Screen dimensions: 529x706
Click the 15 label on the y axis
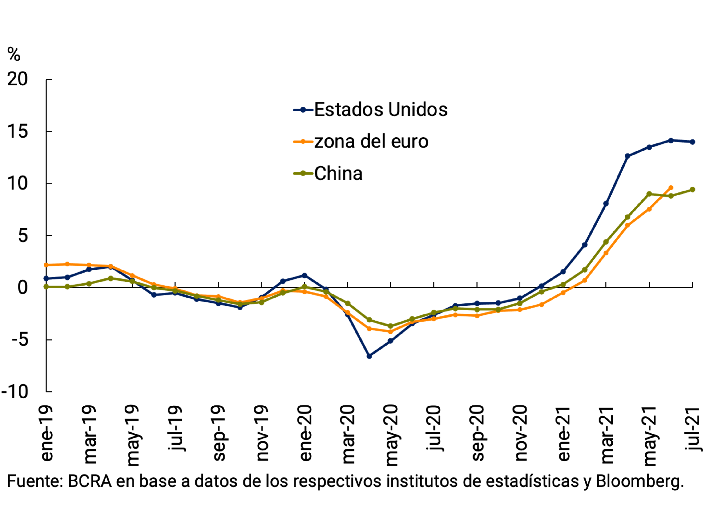click(x=18, y=131)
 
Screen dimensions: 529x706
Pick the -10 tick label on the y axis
click(x=15, y=392)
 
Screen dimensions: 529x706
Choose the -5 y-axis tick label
click(x=20, y=340)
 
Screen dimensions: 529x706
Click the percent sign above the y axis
click(x=14, y=54)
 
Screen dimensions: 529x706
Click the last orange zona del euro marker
click(x=671, y=188)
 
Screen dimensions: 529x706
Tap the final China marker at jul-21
click(x=693, y=190)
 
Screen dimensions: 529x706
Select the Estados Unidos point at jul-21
click(x=693, y=142)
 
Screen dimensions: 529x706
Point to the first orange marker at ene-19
click(x=46, y=265)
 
